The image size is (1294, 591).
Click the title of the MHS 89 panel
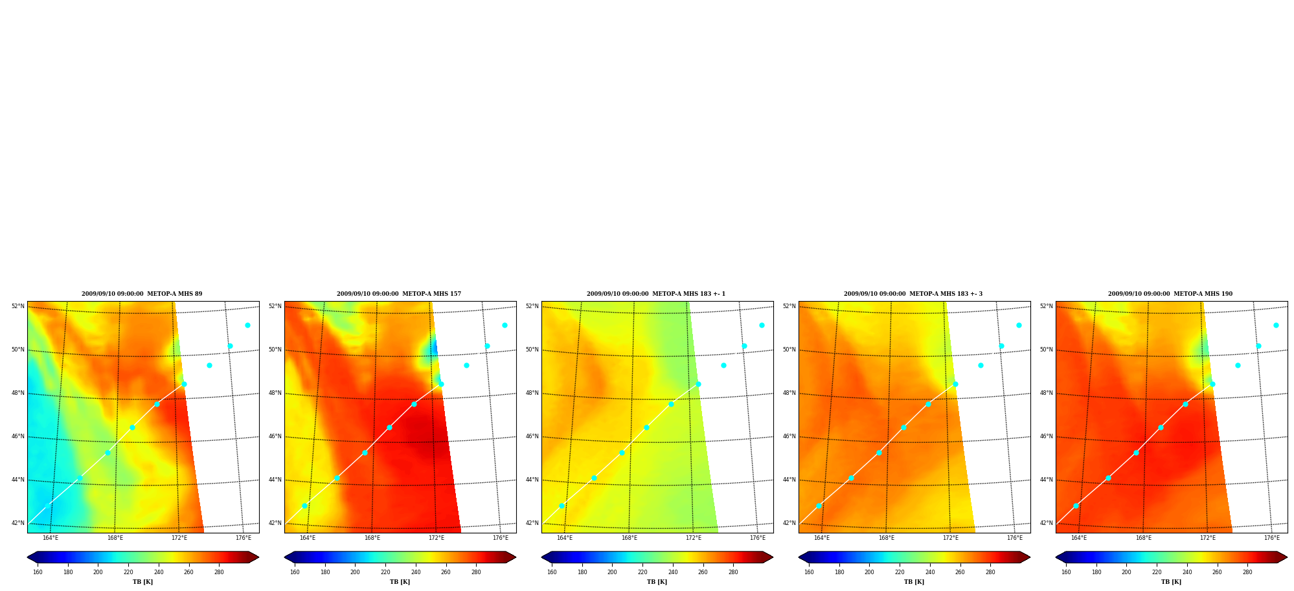(x=142, y=294)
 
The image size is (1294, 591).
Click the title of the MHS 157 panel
(x=399, y=294)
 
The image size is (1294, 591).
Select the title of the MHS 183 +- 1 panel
(x=656, y=294)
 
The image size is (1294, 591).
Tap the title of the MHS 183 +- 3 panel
(x=913, y=294)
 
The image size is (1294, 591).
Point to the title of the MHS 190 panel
(x=1170, y=294)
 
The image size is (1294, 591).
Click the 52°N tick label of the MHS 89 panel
(x=17, y=306)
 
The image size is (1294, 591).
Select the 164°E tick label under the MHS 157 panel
(x=308, y=538)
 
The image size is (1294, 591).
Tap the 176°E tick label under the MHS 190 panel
(x=1272, y=538)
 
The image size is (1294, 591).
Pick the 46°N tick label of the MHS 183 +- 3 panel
(x=789, y=436)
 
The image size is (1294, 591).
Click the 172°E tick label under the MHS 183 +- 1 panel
(x=694, y=538)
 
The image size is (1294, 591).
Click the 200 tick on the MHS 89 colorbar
(x=98, y=572)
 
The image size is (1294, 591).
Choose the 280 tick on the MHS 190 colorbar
(x=1247, y=572)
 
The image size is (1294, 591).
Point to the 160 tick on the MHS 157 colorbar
(x=295, y=572)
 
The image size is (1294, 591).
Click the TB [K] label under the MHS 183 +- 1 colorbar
(x=657, y=582)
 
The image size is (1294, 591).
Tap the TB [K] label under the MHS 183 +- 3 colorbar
(x=914, y=582)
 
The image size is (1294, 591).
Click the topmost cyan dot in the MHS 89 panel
(x=247, y=325)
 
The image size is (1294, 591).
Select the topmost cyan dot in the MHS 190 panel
(x=1276, y=325)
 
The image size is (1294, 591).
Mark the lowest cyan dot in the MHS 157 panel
(x=304, y=506)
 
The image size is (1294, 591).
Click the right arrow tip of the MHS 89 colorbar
(x=258, y=557)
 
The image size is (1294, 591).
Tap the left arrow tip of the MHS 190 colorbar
(x=1056, y=557)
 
